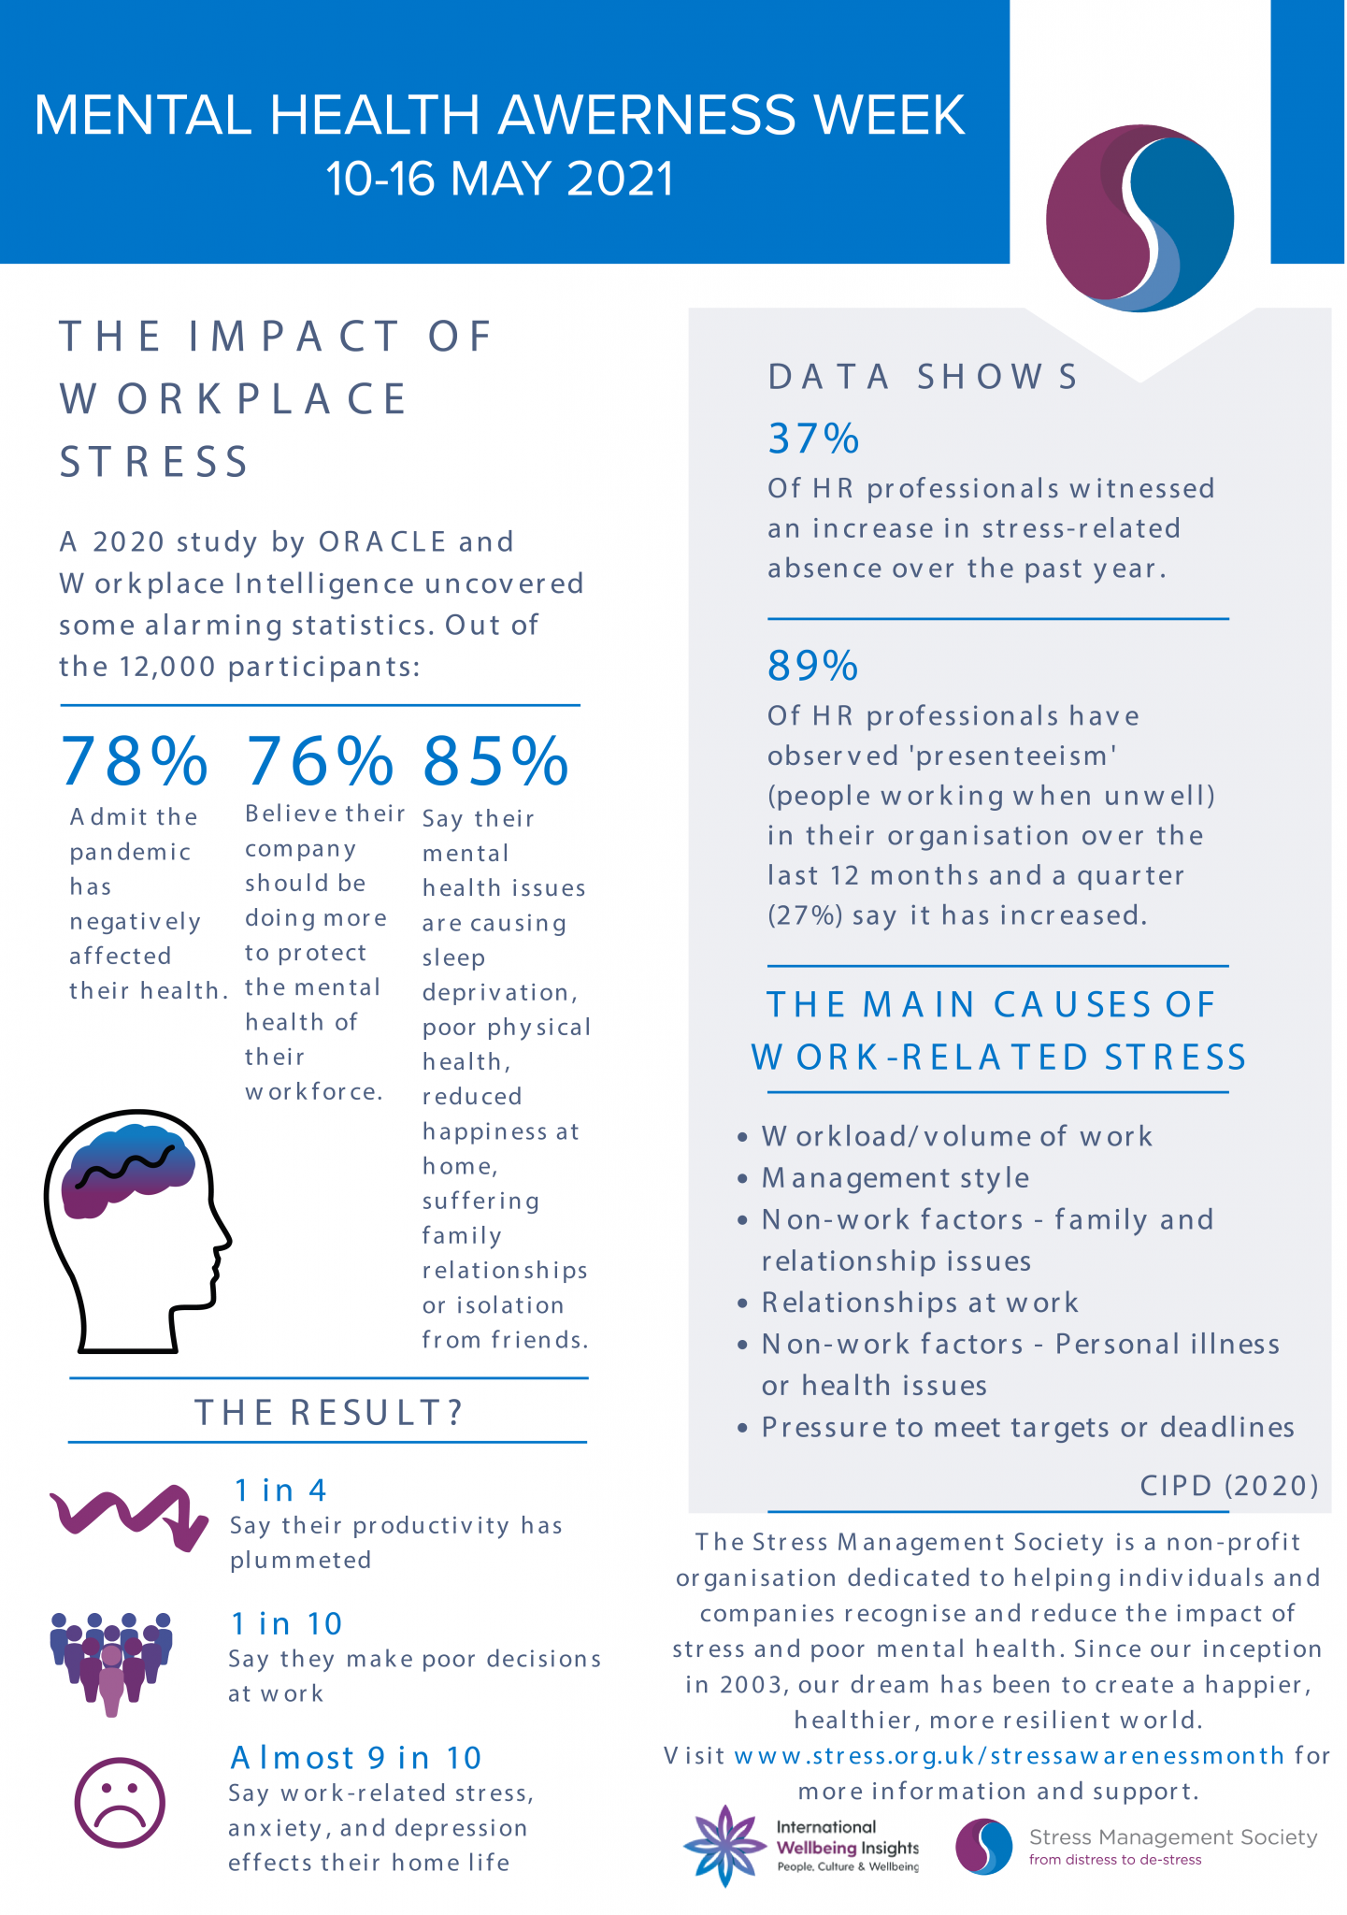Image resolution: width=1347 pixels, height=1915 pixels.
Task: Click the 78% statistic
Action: [135, 761]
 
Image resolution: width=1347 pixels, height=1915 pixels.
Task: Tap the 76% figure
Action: [320, 761]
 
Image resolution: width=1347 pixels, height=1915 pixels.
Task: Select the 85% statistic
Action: [495, 761]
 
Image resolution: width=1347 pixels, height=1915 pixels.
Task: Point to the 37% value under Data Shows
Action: [813, 439]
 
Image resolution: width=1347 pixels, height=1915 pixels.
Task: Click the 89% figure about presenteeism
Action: [813, 666]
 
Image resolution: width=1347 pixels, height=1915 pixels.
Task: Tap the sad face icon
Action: [120, 1803]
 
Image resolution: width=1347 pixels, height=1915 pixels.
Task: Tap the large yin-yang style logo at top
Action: [1139, 217]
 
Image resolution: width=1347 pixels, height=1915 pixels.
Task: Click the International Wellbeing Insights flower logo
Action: [724, 1846]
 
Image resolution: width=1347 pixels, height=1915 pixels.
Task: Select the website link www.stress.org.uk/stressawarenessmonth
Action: [1010, 1756]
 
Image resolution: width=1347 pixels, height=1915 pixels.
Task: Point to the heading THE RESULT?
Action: [329, 1412]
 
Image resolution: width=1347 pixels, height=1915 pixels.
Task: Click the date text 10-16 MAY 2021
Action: [499, 179]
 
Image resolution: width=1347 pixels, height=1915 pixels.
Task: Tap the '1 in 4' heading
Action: [280, 1490]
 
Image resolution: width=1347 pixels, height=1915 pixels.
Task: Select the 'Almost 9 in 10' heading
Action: [356, 1758]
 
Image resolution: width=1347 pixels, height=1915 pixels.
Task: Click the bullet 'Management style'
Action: [896, 1178]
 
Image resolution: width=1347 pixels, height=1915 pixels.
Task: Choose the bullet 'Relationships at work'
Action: [920, 1303]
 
